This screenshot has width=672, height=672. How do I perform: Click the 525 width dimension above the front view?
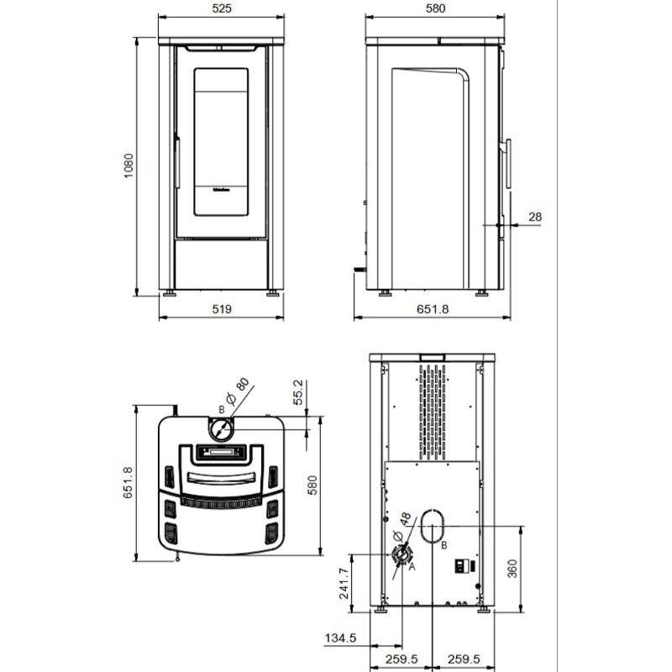pos(222,8)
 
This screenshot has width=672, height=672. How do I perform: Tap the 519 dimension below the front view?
pos(222,309)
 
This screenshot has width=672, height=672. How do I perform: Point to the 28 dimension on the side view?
pos(535,217)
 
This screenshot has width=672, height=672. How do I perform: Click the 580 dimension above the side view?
pos(435,8)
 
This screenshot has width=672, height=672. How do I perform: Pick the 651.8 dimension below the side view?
pos(434,309)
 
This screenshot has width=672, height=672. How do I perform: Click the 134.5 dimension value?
pos(341,639)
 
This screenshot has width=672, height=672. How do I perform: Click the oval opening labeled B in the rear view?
pos(433,525)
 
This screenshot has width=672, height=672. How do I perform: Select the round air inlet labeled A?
pos(402,555)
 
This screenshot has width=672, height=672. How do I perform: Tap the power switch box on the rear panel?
pos(461,565)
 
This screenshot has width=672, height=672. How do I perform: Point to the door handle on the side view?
pos(507,160)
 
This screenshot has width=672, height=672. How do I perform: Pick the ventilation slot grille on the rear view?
pos(434,412)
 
